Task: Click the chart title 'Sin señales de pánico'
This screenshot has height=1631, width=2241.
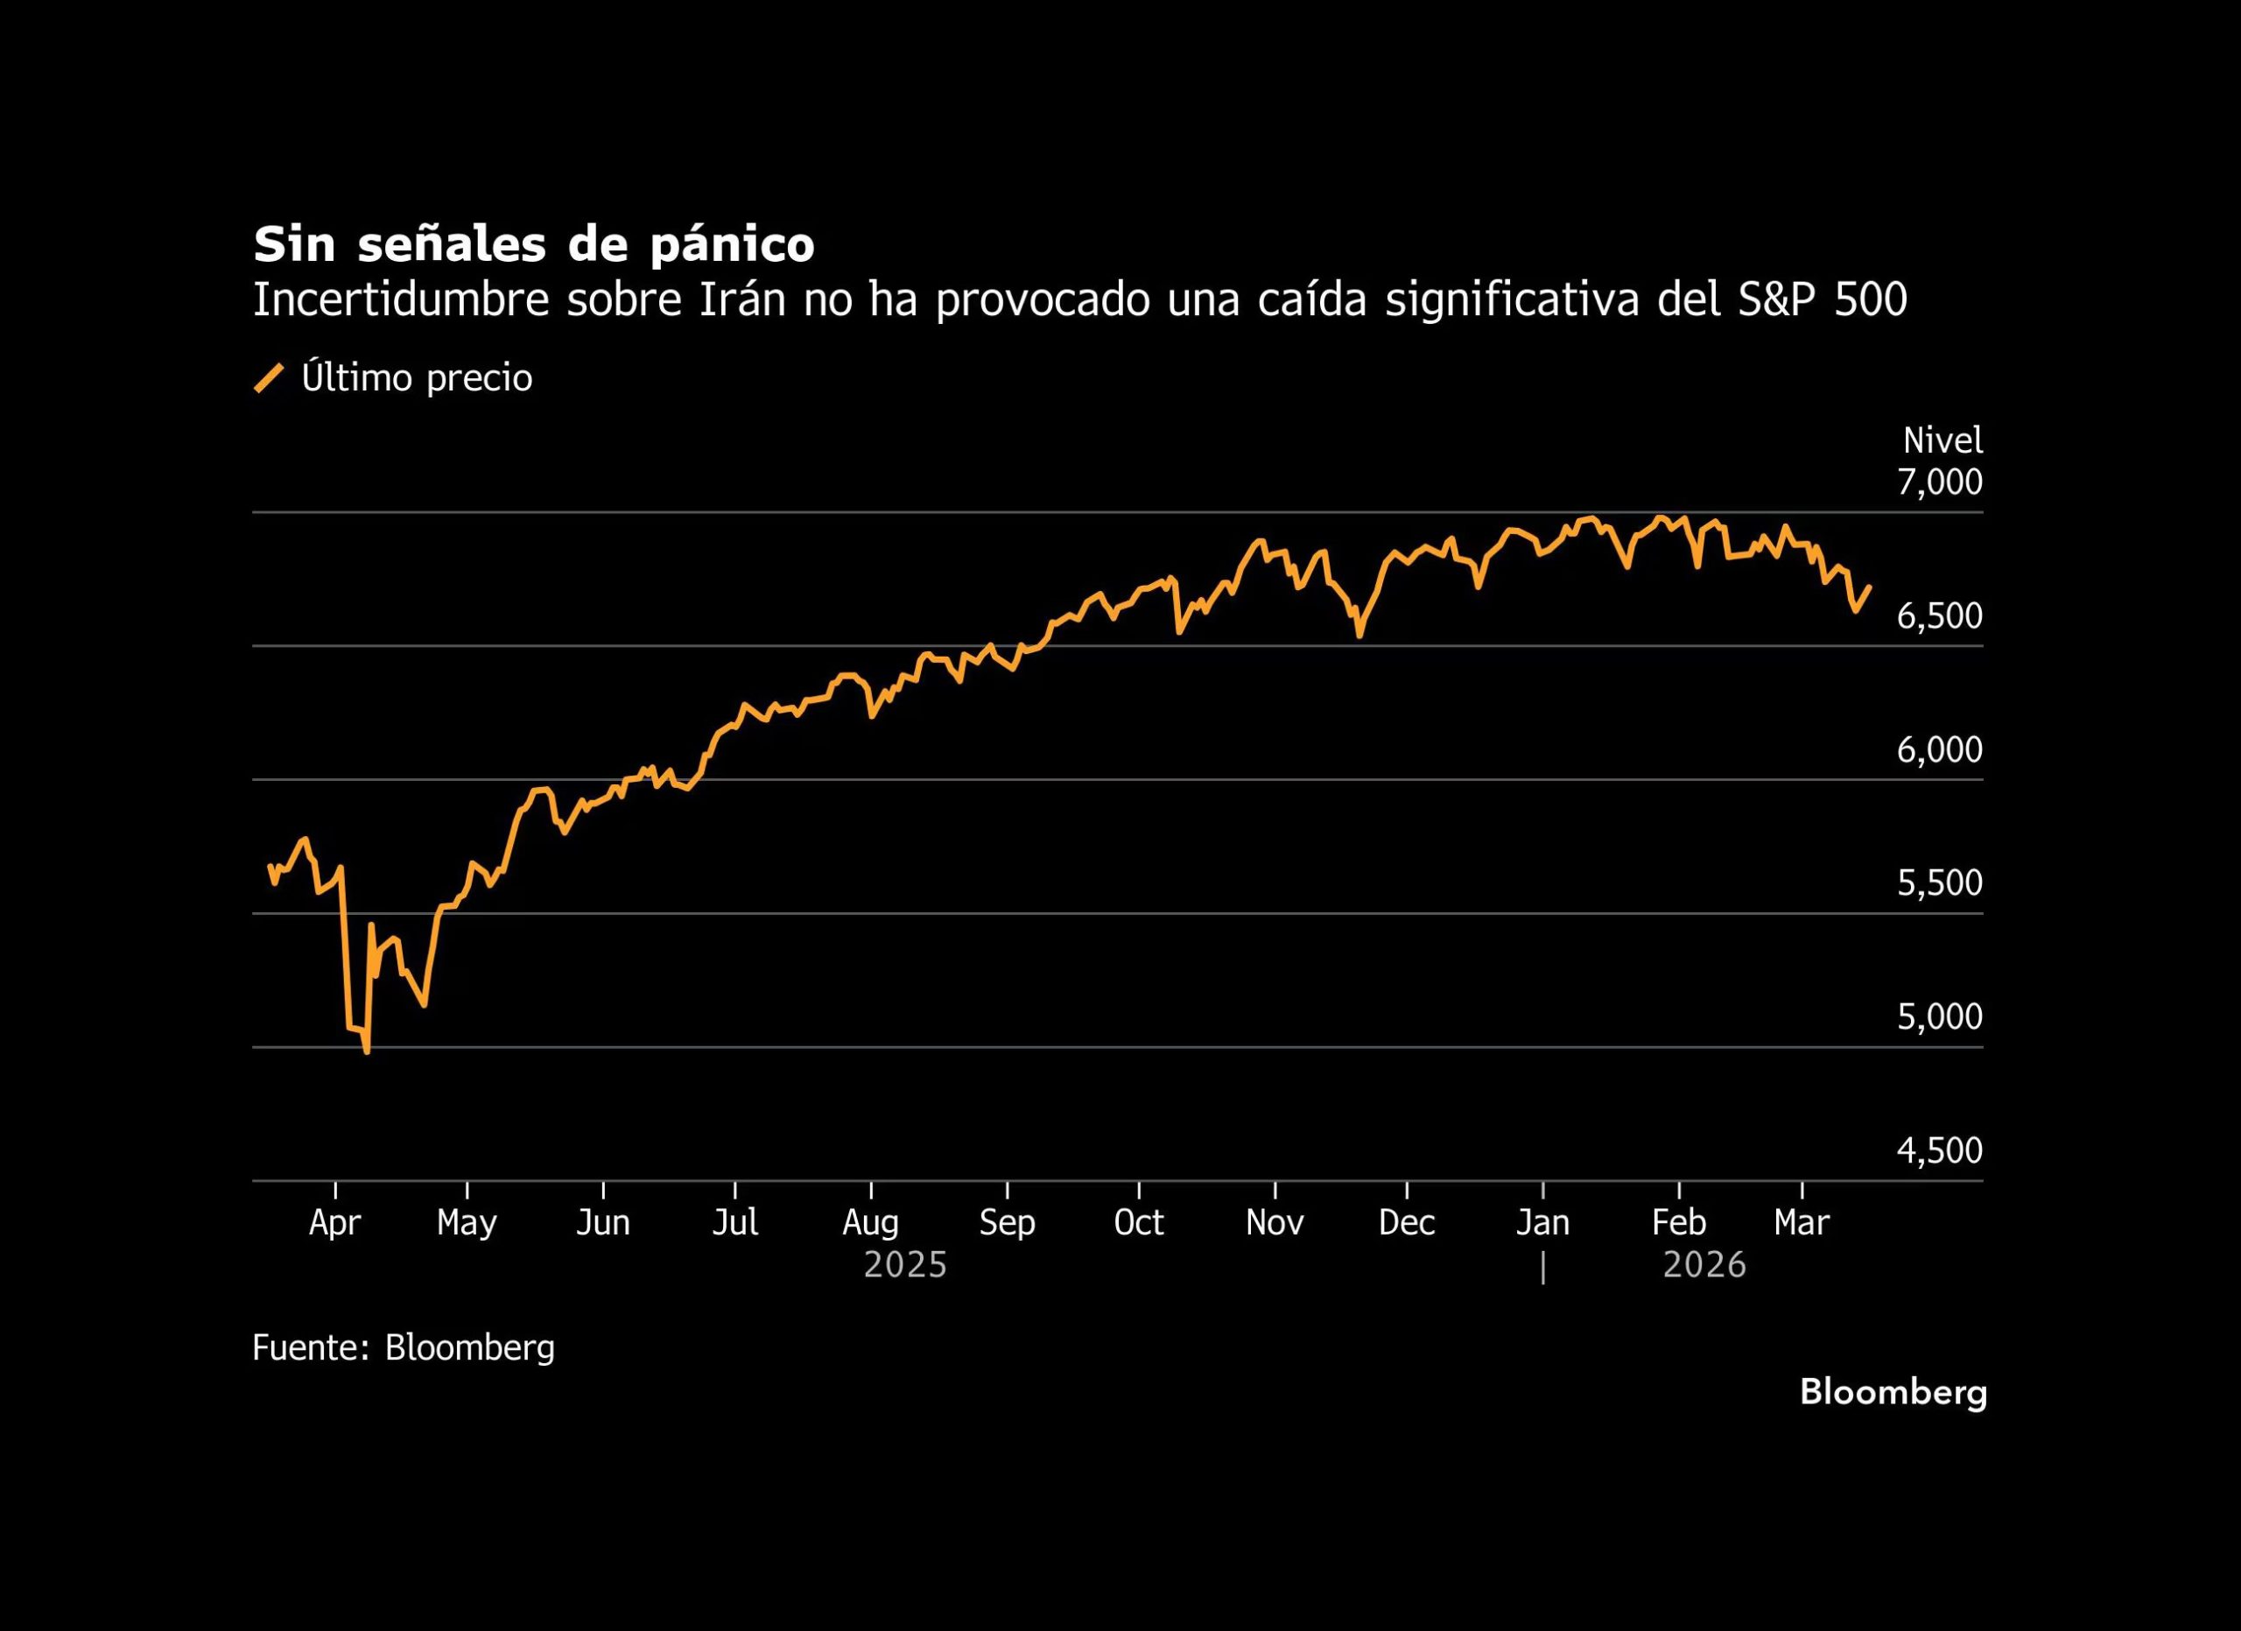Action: point(534,245)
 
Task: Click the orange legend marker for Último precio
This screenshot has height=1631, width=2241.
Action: point(269,378)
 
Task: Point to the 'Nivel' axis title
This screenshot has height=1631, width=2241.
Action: point(1942,440)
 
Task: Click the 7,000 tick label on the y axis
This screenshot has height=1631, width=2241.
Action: point(1939,482)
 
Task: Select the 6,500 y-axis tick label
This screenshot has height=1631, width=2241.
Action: point(1939,616)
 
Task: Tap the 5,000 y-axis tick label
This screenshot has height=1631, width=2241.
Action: point(1939,1016)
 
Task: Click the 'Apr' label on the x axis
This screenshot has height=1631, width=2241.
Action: point(335,1223)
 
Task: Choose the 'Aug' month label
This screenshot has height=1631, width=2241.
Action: point(870,1223)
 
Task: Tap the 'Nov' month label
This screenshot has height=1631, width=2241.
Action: point(1275,1223)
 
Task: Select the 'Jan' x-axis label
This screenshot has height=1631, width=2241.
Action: point(1542,1223)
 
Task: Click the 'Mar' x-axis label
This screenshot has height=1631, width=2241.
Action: point(1802,1223)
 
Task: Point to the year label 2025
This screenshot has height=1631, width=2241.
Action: point(905,1265)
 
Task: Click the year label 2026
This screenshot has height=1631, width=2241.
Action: point(1704,1265)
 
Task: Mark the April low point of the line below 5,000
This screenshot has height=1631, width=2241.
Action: point(368,1052)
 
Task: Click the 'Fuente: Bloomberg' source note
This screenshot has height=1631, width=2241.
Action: point(404,1347)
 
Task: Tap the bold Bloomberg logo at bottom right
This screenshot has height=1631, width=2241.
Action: point(1893,1393)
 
